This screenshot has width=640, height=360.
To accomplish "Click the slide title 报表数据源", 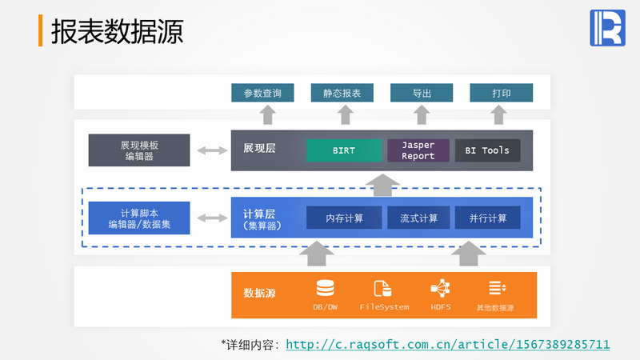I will pos(117,31).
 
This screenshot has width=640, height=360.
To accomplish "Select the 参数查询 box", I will pos(262,93).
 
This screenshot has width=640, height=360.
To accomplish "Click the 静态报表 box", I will pos(342,93).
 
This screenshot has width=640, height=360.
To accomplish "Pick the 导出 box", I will pos(422,93).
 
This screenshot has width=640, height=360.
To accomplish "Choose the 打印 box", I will pos(501,93).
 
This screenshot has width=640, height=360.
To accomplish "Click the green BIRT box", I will pos(344,150).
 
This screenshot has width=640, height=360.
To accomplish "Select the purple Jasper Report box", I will pos(418,150).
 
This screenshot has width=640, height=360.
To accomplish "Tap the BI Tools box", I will pos(487,150).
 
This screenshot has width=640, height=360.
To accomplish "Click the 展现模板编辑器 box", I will pos(139,150).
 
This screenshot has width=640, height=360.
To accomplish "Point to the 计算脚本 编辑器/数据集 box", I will pos(139,218).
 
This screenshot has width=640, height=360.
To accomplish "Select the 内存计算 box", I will pos(344,218).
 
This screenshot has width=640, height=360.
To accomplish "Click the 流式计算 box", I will pos(418,218).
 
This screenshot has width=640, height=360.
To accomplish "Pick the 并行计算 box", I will pos(487,218).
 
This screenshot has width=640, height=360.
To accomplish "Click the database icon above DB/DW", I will pos(326,288).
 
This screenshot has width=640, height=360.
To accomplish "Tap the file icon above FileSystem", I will pos(383,288).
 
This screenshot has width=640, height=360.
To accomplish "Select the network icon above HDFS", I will pos(440,288).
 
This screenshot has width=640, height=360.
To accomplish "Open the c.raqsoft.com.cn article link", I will pos(448,344).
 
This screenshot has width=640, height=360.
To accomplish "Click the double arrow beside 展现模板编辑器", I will pos(211,150).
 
